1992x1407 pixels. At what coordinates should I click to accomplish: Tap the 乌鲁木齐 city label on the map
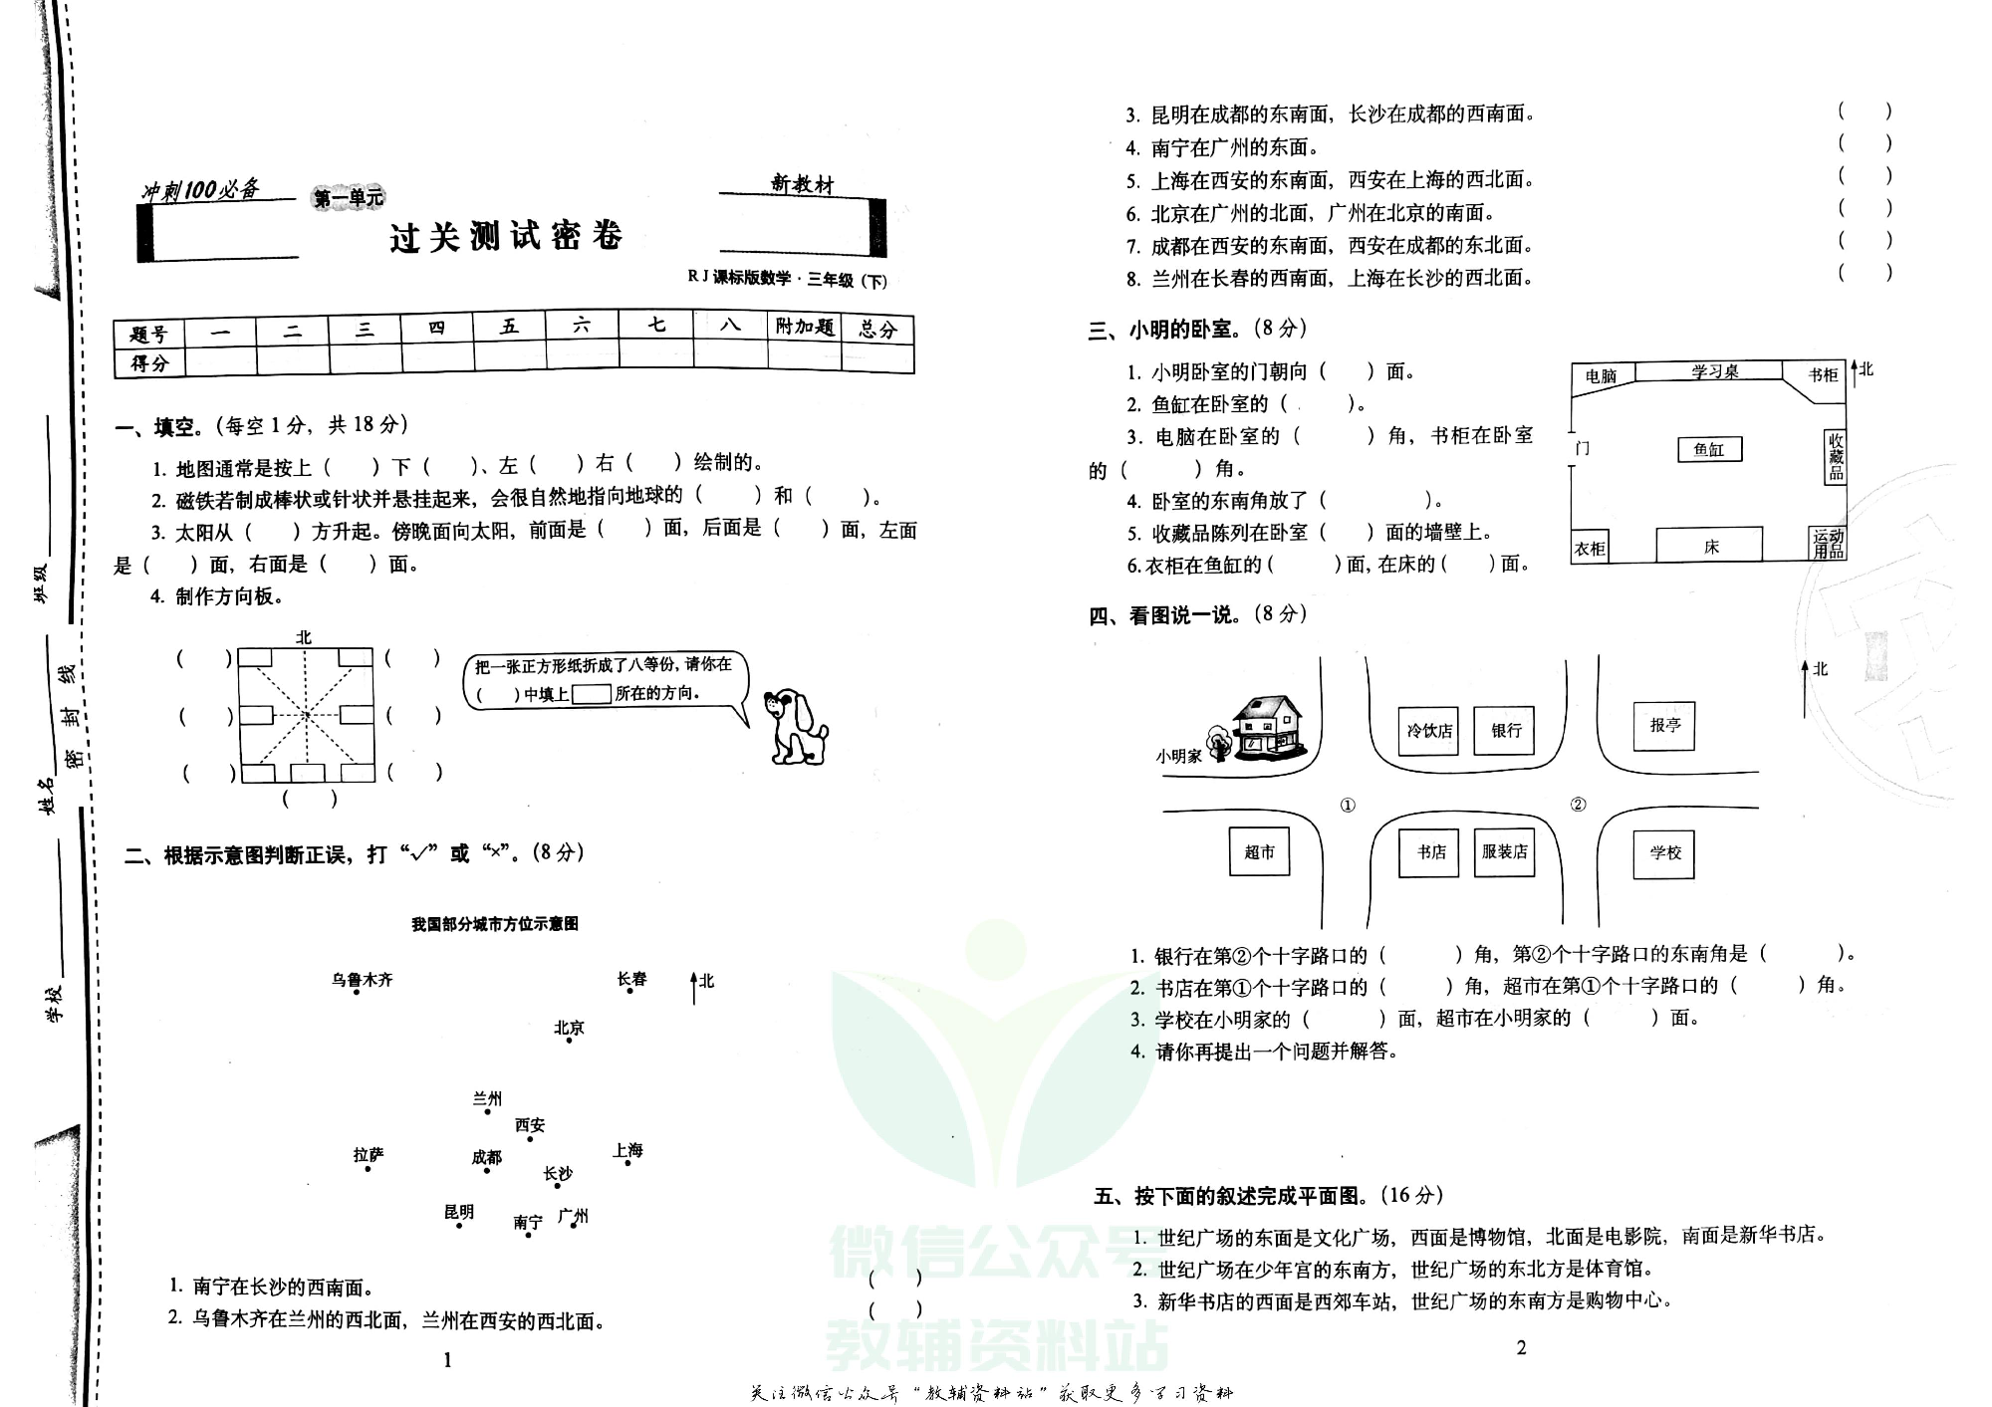[x=363, y=980]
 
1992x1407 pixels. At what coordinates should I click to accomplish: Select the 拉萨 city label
[x=369, y=1155]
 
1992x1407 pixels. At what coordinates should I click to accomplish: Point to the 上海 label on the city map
[x=627, y=1150]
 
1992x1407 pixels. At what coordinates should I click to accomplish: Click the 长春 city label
[x=631, y=979]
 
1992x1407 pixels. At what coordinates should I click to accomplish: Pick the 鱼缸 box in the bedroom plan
[x=1709, y=449]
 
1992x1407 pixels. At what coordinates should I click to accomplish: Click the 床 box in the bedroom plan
[x=1709, y=546]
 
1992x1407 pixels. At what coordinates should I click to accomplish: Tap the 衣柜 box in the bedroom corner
[x=1590, y=549]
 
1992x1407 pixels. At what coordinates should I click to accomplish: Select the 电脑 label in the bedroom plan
[x=1601, y=376]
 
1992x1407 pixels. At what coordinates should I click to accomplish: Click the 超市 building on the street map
[x=1259, y=852]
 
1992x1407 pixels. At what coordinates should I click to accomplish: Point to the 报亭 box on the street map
[x=1664, y=725]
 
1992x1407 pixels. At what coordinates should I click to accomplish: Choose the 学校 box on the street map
[x=1664, y=852]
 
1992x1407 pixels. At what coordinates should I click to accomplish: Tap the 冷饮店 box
[x=1428, y=731]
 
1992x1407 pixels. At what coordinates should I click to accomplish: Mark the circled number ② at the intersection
[x=1578, y=805]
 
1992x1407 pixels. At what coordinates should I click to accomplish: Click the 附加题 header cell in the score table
[x=804, y=327]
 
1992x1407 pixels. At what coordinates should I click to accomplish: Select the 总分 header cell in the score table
[x=877, y=329]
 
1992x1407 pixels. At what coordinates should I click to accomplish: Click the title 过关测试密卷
[x=506, y=237]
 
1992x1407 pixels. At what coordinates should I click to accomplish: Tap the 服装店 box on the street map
[x=1504, y=852]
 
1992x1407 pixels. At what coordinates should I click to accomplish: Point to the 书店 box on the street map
[x=1430, y=852]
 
